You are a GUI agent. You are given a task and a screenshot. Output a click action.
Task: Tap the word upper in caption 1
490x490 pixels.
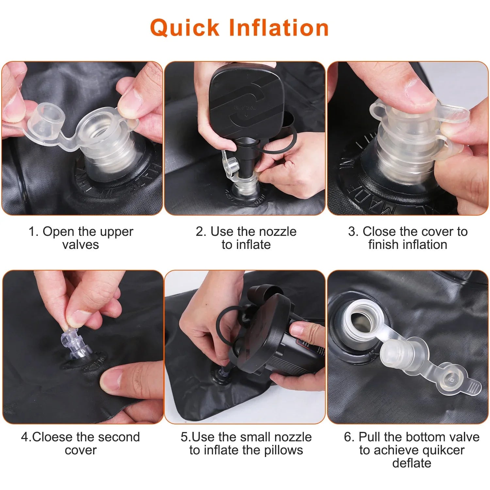coord(117,232)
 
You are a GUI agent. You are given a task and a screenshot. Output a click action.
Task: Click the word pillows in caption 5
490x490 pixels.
coord(284,450)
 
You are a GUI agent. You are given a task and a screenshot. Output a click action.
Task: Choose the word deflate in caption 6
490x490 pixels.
coord(412,463)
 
